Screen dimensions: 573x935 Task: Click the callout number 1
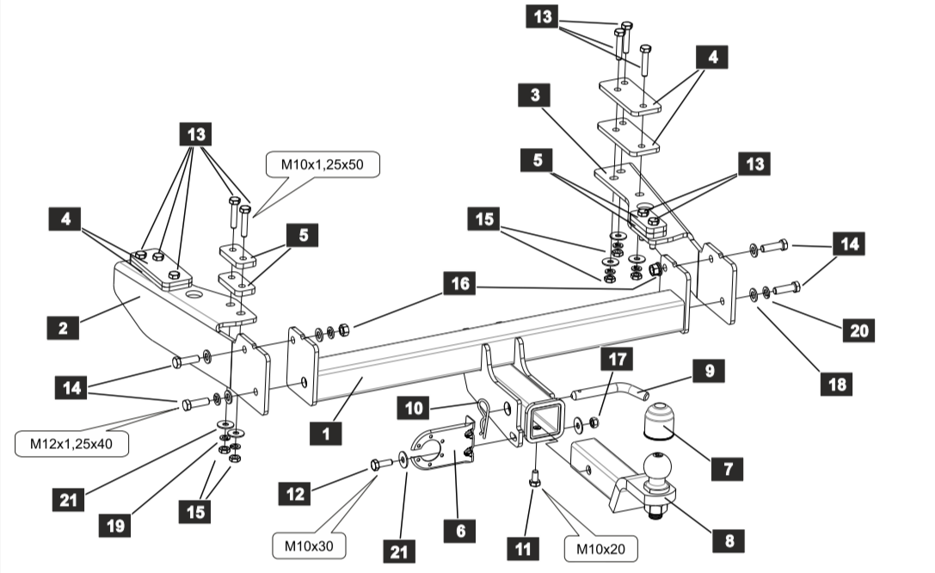[x=326, y=434]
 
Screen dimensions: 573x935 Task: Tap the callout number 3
[x=535, y=95]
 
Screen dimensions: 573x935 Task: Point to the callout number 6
[x=460, y=531]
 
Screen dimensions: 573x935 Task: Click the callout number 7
[x=728, y=469]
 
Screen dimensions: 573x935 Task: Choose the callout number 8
[x=729, y=541]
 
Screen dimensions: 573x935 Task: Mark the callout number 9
[x=710, y=371]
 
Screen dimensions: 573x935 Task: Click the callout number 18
[x=835, y=384]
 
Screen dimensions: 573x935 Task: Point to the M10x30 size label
[x=308, y=545]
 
